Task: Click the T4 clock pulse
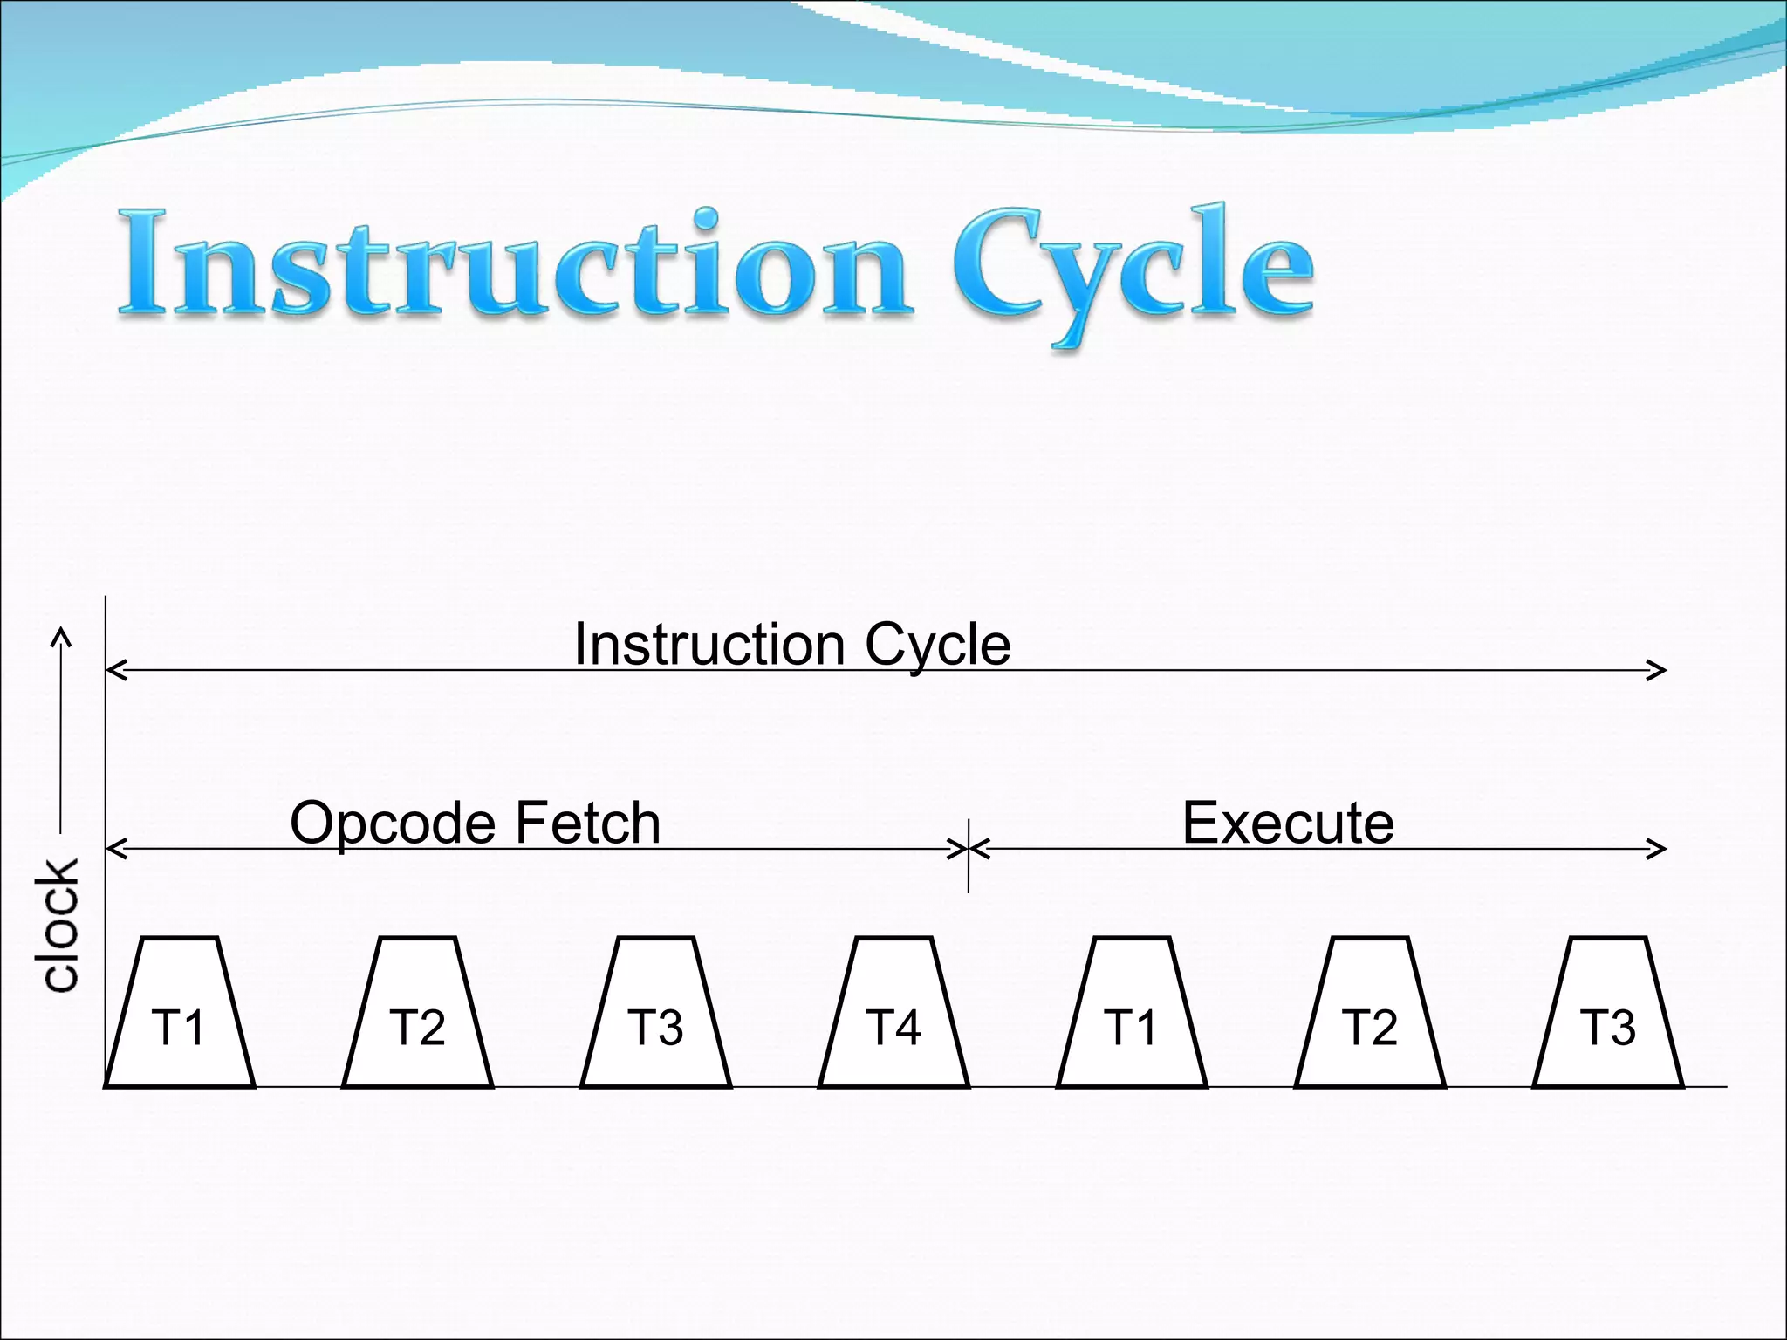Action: click(x=893, y=1016)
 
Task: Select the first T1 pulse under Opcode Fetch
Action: click(x=179, y=1016)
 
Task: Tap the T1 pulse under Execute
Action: click(x=1132, y=1016)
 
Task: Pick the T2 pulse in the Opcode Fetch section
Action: click(x=417, y=1016)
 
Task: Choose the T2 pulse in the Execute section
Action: click(x=1370, y=1016)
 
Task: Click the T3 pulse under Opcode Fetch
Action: click(x=655, y=1016)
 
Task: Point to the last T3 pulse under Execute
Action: click(x=1608, y=1016)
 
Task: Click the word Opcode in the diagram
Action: click(x=394, y=824)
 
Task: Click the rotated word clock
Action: click(x=58, y=925)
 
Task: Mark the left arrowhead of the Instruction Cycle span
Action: click(x=115, y=670)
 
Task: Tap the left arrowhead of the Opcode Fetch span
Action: click(x=115, y=848)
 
